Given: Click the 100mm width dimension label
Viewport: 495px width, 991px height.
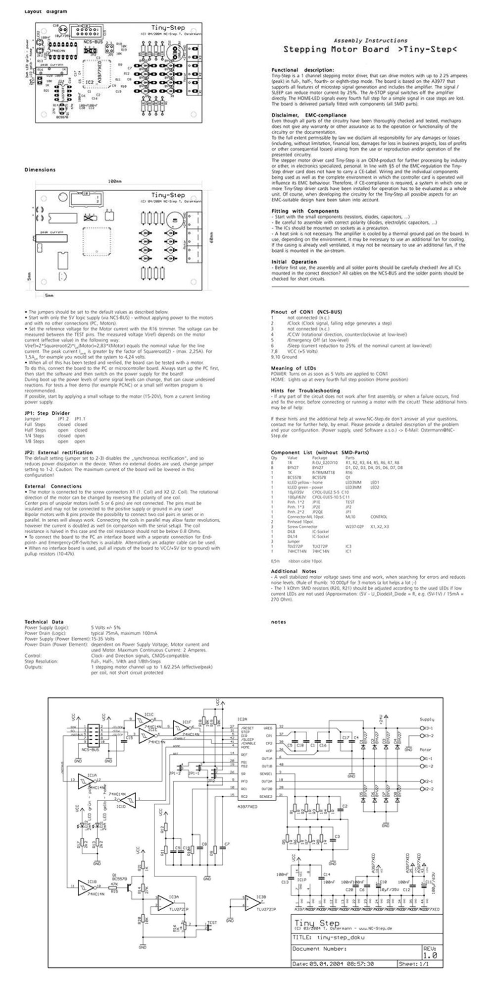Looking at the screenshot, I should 115,182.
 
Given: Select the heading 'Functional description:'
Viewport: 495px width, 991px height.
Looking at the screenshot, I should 302,70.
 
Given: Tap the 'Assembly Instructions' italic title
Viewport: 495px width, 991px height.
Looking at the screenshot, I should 370,41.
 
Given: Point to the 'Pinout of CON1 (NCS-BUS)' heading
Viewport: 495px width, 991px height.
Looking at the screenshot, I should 306,312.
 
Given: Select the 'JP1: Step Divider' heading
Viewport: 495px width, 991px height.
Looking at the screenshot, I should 47,413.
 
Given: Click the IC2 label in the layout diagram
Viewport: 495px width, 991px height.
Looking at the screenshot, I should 90,81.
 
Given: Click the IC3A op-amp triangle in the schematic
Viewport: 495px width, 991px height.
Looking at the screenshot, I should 165,903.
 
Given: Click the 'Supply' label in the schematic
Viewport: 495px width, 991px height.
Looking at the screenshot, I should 427,719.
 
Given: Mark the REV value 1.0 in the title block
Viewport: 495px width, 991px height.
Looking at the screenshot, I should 430,955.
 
